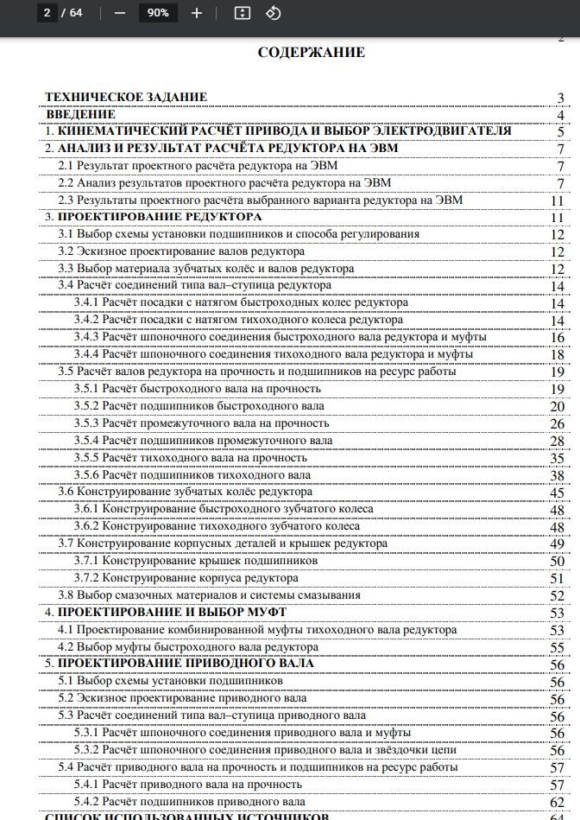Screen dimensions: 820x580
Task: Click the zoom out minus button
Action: [120, 13]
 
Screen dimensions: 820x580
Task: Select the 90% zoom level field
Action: [158, 13]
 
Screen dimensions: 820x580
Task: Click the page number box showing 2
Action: [47, 13]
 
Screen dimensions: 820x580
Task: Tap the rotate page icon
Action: [273, 13]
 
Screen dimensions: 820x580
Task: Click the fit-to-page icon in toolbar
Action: [243, 13]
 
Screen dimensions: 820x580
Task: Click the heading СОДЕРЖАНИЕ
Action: [311, 53]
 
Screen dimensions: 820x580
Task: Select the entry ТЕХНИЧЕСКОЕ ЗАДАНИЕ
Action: [126, 97]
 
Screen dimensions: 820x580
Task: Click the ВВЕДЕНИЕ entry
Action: [80, 114]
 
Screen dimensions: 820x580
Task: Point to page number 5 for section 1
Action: [560, 132]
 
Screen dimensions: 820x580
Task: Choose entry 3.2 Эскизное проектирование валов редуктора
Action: [181, 251]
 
